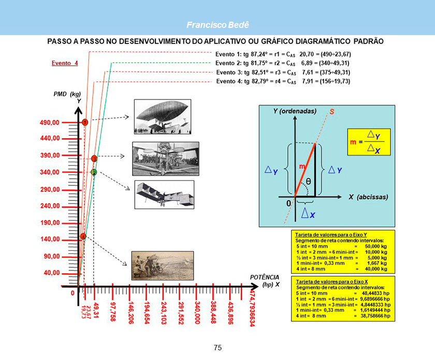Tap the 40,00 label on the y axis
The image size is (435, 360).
[51, 272]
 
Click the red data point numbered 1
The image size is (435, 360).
[84, 122]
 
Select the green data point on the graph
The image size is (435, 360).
[94, 172]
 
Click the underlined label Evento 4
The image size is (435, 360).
[65, 63]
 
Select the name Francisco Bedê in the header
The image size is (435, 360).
[218, 25]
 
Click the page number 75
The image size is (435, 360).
[218, 348]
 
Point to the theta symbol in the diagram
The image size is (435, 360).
[308, 181]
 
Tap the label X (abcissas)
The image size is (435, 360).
[368, 197]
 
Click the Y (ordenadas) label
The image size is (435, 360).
[295, 111]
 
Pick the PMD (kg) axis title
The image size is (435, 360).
[67, 94]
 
